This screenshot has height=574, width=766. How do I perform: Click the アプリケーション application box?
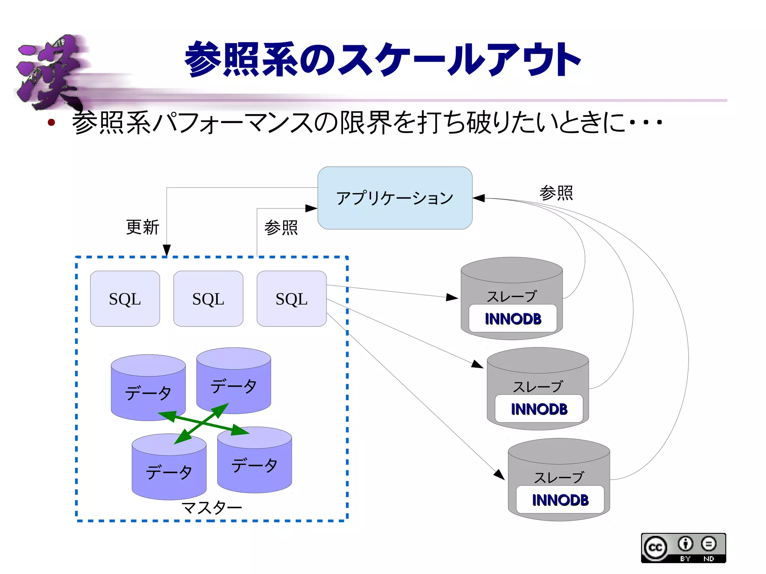coord(395,198)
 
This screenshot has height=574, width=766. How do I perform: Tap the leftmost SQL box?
coord(125,299)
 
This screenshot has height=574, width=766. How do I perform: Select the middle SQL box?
coord(208,299)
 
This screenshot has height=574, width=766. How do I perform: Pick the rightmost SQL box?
coord(291,299)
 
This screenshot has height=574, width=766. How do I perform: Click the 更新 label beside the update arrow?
coord(143,227)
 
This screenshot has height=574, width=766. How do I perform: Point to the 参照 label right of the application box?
coord(556,193)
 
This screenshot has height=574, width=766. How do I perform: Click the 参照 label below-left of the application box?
coord(281,227)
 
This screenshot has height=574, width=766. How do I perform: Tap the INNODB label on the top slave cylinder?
coord(513,319)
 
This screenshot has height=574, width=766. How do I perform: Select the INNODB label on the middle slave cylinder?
coord(539,409)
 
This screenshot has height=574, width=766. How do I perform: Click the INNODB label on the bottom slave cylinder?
coord(560,500)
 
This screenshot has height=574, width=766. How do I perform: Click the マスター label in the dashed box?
coord(212,508)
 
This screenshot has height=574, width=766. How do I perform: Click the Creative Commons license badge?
coord(683,548)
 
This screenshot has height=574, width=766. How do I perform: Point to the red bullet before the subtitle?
coord(51,122)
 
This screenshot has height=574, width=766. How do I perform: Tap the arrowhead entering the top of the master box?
coord(167,250)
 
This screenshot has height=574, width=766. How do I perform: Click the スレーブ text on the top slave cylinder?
coord(511,297)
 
